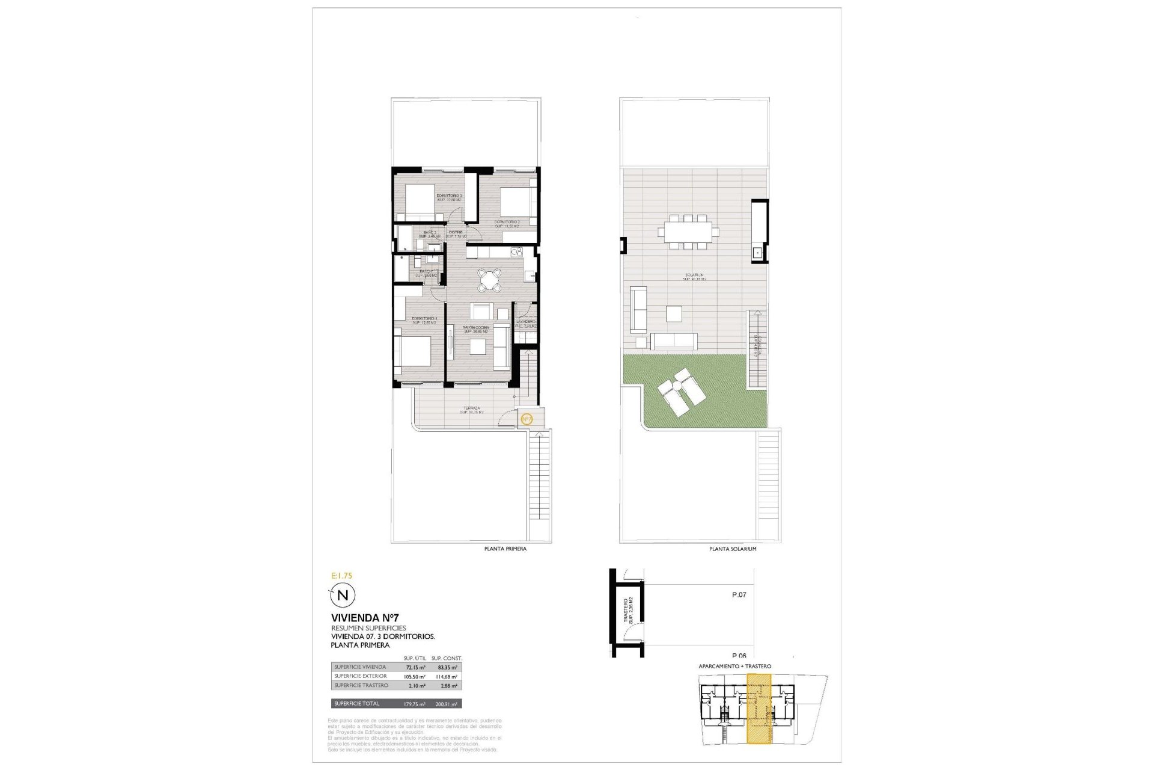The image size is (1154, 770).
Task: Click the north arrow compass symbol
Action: (x=343, y=596)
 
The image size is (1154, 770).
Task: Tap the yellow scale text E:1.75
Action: (x=342, y=576)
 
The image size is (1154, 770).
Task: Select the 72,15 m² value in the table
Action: (x=415, y=667)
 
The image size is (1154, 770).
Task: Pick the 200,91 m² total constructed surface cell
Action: (x=447, y=704)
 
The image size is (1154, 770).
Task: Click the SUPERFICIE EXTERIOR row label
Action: (x=361, y=676)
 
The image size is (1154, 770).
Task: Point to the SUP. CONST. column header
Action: (x=447, y=658)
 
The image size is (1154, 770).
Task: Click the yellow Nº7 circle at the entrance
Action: (x=527, y=419)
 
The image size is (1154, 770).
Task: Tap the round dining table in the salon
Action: (x=490, y=280)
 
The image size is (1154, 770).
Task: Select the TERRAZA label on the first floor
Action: (x=472, y=408)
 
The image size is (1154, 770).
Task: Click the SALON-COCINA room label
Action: (x=475, y=328)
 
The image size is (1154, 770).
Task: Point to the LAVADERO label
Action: (x=526, y=322)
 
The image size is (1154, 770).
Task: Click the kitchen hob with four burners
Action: (x=516, y=251)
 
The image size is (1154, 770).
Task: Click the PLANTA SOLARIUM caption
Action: (x=733, y=549)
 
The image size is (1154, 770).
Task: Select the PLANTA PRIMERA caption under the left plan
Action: (x=505, y=549)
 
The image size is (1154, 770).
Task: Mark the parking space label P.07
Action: (x=739, y=595)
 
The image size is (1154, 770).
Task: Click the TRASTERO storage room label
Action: (x=626, y=609)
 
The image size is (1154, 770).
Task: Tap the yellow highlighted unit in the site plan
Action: (x=759, y=710)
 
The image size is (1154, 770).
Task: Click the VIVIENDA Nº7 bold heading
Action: (x=365, y=618)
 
